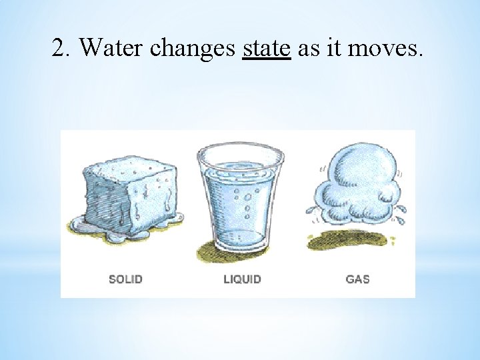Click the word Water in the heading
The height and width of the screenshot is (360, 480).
pyautogui.click(x=112, y=48)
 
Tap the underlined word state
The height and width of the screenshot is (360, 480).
pyautogui.click(x=267, y=48)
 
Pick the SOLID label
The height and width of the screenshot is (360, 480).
pyautogui.click(x=125, y=279)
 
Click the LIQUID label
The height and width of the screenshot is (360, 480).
pyautogui.click(x=242, y=279)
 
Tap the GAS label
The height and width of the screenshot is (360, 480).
pyautogui.click(x=357, y=279)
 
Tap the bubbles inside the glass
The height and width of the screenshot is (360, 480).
pyautogui.click(x=247, y=200)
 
